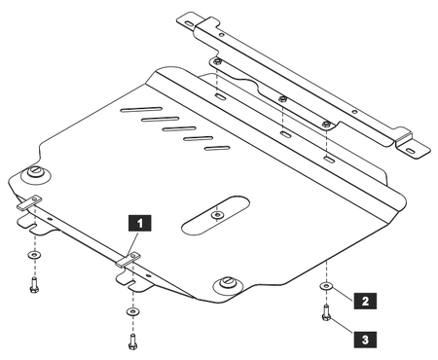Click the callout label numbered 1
[140, 223]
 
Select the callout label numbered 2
[365, 301]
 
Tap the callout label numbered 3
[365, 340]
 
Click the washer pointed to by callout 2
[326, 286]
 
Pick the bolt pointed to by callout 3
[326, 312]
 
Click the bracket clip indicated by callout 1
[128, 260]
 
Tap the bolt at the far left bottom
[34, 285]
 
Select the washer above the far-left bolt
[34, 255]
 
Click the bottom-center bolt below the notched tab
[132, 342]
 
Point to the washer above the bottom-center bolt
[132, 311]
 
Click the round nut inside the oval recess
[217, 214]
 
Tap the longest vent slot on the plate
[141, 110]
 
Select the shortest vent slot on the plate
[217, 149]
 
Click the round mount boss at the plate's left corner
[36, 173]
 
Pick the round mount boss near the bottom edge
[228, 285]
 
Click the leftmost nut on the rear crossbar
[217, 61]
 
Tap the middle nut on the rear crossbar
[283, 98]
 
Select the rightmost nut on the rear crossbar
[327, 124]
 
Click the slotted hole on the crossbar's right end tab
[410, 151]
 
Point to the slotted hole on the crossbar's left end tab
[189, 23]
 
